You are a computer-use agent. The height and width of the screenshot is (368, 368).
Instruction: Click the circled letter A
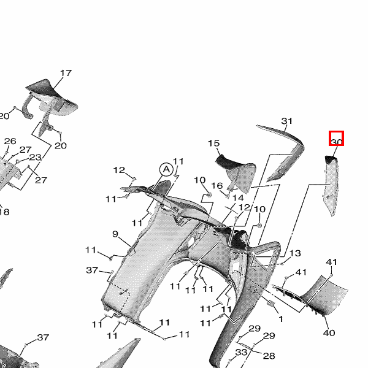166,169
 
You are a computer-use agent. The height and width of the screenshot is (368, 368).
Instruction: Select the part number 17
66,73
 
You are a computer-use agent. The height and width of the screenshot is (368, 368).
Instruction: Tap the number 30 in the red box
336,142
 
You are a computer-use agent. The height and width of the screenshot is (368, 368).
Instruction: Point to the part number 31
287,121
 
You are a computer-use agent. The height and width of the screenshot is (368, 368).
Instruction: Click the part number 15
214,143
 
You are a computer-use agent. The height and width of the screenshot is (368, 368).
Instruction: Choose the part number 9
115,234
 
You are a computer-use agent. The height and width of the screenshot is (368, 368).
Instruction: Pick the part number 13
295,253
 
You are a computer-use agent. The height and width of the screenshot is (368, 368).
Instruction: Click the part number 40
329,332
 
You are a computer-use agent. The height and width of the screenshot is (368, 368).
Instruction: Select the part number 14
238,198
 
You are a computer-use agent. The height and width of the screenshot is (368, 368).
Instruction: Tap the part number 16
217,186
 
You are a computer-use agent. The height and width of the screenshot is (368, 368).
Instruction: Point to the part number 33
242,352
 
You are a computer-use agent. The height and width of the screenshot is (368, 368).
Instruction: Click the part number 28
269,356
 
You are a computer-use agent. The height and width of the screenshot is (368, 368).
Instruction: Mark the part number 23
35,157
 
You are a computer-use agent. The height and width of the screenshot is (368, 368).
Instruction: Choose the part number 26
10,141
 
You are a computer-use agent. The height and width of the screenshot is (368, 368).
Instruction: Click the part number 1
281,319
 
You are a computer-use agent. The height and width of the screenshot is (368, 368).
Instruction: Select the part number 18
4,212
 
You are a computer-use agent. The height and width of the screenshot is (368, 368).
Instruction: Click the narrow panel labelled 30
331,185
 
